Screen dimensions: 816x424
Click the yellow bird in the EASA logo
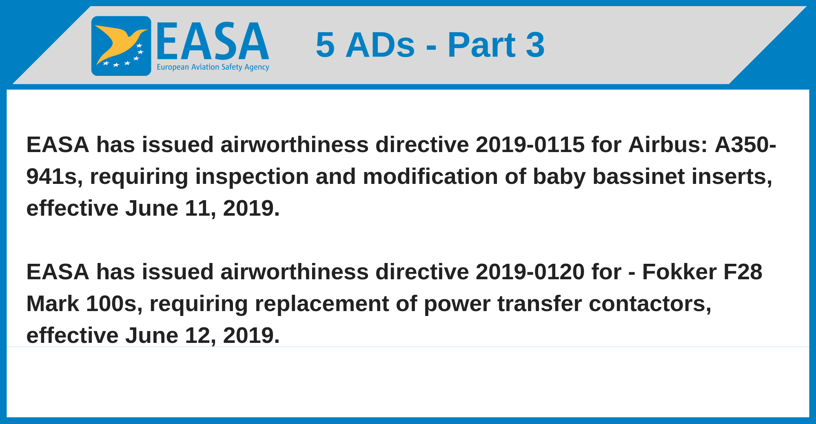click(118, 43)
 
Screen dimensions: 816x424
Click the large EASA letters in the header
click(213, 41)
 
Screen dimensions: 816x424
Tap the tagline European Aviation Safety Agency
click(213, 67)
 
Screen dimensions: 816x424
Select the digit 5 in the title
click(325, 44)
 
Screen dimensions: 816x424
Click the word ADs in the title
click(380, 44)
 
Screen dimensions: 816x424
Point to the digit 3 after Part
click(535, 44)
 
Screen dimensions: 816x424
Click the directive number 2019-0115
click(530, 145)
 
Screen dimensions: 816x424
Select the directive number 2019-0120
click(530, 272)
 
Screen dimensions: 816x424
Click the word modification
click(430, 177)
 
